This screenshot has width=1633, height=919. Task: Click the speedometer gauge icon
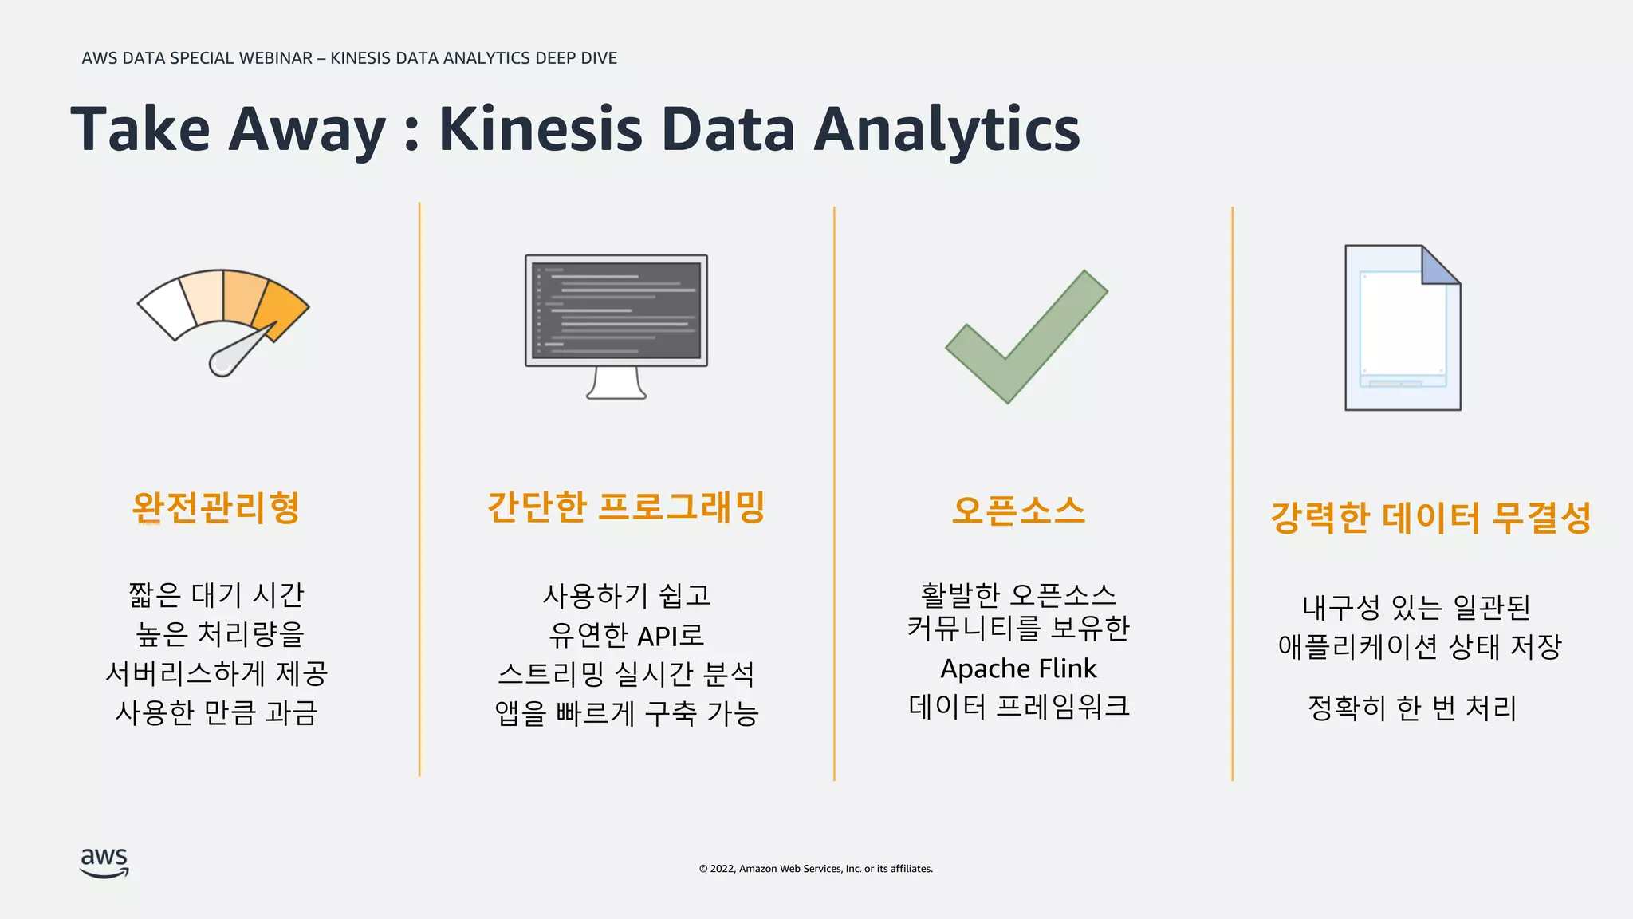click(223, 319)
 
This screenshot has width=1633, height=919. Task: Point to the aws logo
click(104, 862)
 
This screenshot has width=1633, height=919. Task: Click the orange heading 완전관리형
click(215, 507)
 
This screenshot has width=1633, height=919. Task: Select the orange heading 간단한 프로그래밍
click(626, 507)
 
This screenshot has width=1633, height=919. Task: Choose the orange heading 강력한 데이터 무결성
click(1430, 518)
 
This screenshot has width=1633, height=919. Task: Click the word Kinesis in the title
click(540, 129)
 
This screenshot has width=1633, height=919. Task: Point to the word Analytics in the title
click(946, 129)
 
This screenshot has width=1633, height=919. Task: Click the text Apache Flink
click(1018, 669)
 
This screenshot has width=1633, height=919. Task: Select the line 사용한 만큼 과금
click(216, 712)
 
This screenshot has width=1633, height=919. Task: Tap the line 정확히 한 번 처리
click(1411, 708)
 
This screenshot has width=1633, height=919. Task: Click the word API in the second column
click(657, 636)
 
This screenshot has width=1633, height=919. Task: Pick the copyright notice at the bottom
click(816, 869)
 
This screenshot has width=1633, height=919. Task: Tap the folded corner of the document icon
click(1439, 265)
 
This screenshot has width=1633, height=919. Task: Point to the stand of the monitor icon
click(616, 383)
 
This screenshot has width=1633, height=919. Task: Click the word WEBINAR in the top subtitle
click(275, 58)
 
